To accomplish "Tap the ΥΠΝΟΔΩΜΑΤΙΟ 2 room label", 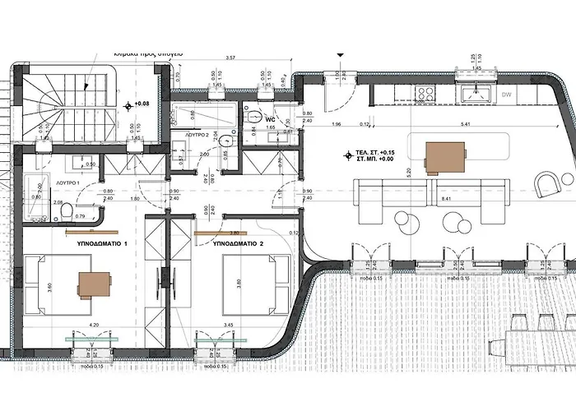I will [x=238, y=244].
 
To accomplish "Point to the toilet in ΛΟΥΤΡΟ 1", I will [x=64, y=214].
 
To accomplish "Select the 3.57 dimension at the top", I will [x=230, y=58].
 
